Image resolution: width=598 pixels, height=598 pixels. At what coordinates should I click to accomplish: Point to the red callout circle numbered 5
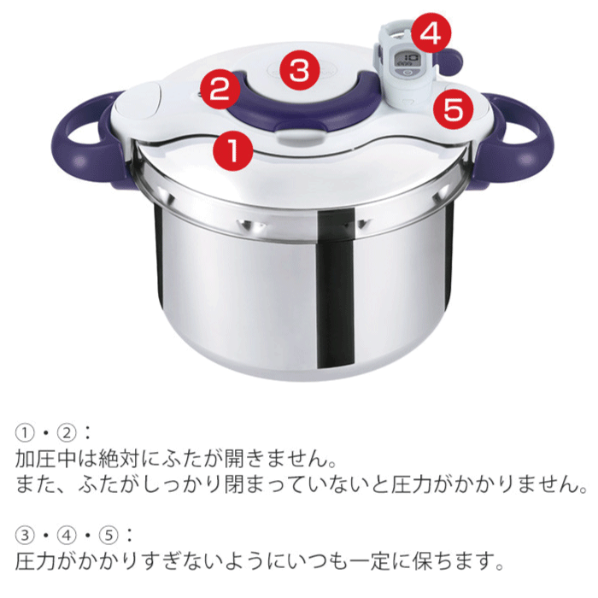tap(453, 108)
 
